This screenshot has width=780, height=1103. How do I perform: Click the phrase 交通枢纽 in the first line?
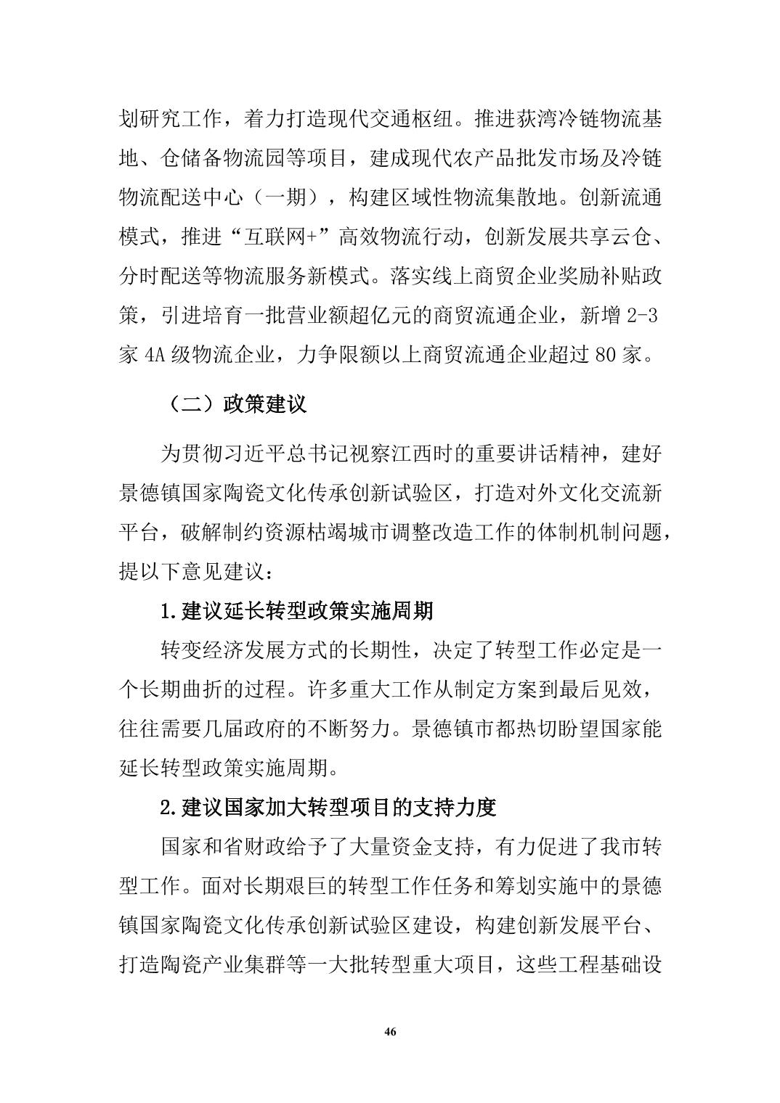pos(411,119)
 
